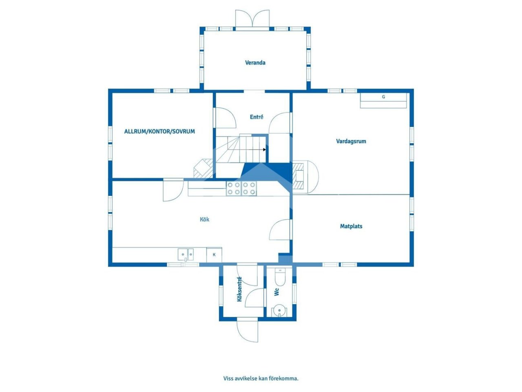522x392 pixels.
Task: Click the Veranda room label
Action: (x=255, y=62)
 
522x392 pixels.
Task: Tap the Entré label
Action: (x=257, y=117)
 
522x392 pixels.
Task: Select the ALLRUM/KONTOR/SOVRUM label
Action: (x=159, y=131)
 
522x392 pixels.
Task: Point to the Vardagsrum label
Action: (x=351, y=141)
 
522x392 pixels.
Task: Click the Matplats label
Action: (x=351, y=226)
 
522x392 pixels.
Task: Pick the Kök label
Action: (x=204, y=219)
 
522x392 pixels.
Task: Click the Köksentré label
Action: (x=239, y=289)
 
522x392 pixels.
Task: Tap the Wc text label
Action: (x=276, y=292)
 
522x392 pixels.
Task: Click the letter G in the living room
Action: (x=383, y=97)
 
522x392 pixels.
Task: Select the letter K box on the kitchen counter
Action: (x=214, y=255)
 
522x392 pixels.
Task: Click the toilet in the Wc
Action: (x=280, y=277)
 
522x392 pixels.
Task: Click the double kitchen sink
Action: (x=186, y=254)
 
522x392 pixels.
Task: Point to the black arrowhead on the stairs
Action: (x=264, y=150)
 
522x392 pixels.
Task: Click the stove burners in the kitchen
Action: (x=241, y=189)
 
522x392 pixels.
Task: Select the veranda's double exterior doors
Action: (x=252, y=18)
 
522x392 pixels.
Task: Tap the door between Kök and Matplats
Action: (x=280, y=229)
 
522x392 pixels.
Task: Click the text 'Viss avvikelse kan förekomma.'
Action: (x=261, y=378)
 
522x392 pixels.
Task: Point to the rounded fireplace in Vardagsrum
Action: (x=305, y=176)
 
